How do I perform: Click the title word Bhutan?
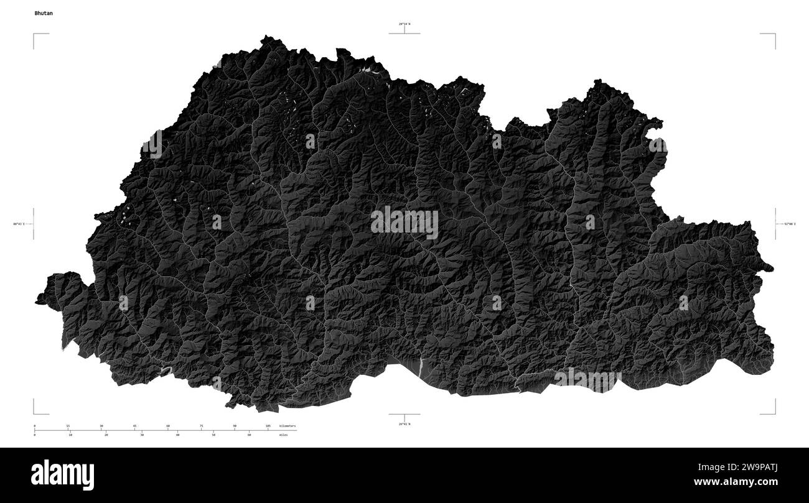click(x=44, y=12)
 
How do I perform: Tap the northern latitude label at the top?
click(x=404, y=24)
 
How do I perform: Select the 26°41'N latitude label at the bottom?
click(x=404, y=424)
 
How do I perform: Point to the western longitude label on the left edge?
click(x=18, y=224)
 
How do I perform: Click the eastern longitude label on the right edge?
click(x=790, y=224)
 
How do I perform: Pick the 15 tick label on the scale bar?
click(x=68, y=426)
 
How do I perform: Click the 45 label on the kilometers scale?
click(x=134, y=426)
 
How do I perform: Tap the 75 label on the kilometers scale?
click(x=201, y=426)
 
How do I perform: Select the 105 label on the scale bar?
click(x=268, y=426)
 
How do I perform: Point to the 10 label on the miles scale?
click(x=70, y=435)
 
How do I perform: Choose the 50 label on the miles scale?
click(x=213, y=435)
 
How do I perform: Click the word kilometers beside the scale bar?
click(x=288, y=426)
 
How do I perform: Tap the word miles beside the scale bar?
click(x=284, y=435)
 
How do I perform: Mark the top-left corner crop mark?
click(x=34, y=35)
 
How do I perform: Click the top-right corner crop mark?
click(x=775, y=35)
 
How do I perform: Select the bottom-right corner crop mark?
click(x=775, y=412)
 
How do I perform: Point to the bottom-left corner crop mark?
click(x=34, y=412)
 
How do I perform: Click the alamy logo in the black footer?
click(x=62, y=475)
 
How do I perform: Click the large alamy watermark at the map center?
click(x=404, y=223)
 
